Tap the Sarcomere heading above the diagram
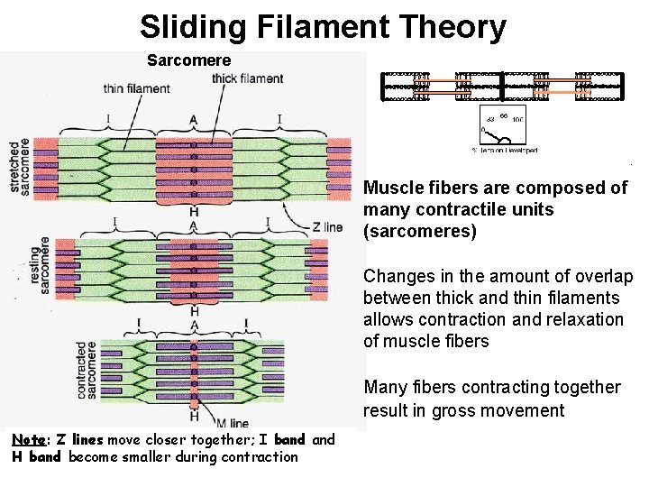[x=189, y=60]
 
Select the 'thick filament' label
[x=247, y=78]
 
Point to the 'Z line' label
[x=327, y=227]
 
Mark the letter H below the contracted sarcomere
[x=195, y=416]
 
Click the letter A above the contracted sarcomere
[x=195, y=326]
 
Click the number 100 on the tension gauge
[x=517, y=119]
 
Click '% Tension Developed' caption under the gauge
[x=506, y=150]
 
